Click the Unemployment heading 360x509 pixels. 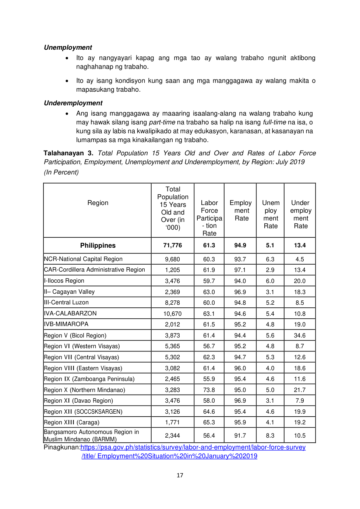68,47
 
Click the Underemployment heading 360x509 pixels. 73,103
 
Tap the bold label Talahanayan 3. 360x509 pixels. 68,153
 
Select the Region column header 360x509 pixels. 98,203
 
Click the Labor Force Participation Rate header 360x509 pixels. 209,218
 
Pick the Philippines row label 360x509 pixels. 98,245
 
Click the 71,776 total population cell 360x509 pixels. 172,245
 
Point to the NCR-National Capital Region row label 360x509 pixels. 83,259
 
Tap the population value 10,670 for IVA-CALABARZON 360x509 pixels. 172,314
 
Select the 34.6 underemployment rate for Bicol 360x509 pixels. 300,336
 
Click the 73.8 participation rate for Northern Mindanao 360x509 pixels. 209,390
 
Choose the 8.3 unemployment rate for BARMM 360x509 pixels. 270,436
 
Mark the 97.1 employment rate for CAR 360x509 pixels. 240,270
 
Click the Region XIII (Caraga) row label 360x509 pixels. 71,423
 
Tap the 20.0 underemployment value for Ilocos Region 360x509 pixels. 300,281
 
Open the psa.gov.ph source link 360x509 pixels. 193,448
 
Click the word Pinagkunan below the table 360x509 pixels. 61,448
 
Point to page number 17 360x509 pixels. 180,476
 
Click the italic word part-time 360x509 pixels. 162,122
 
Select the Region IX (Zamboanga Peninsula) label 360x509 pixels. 89,379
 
